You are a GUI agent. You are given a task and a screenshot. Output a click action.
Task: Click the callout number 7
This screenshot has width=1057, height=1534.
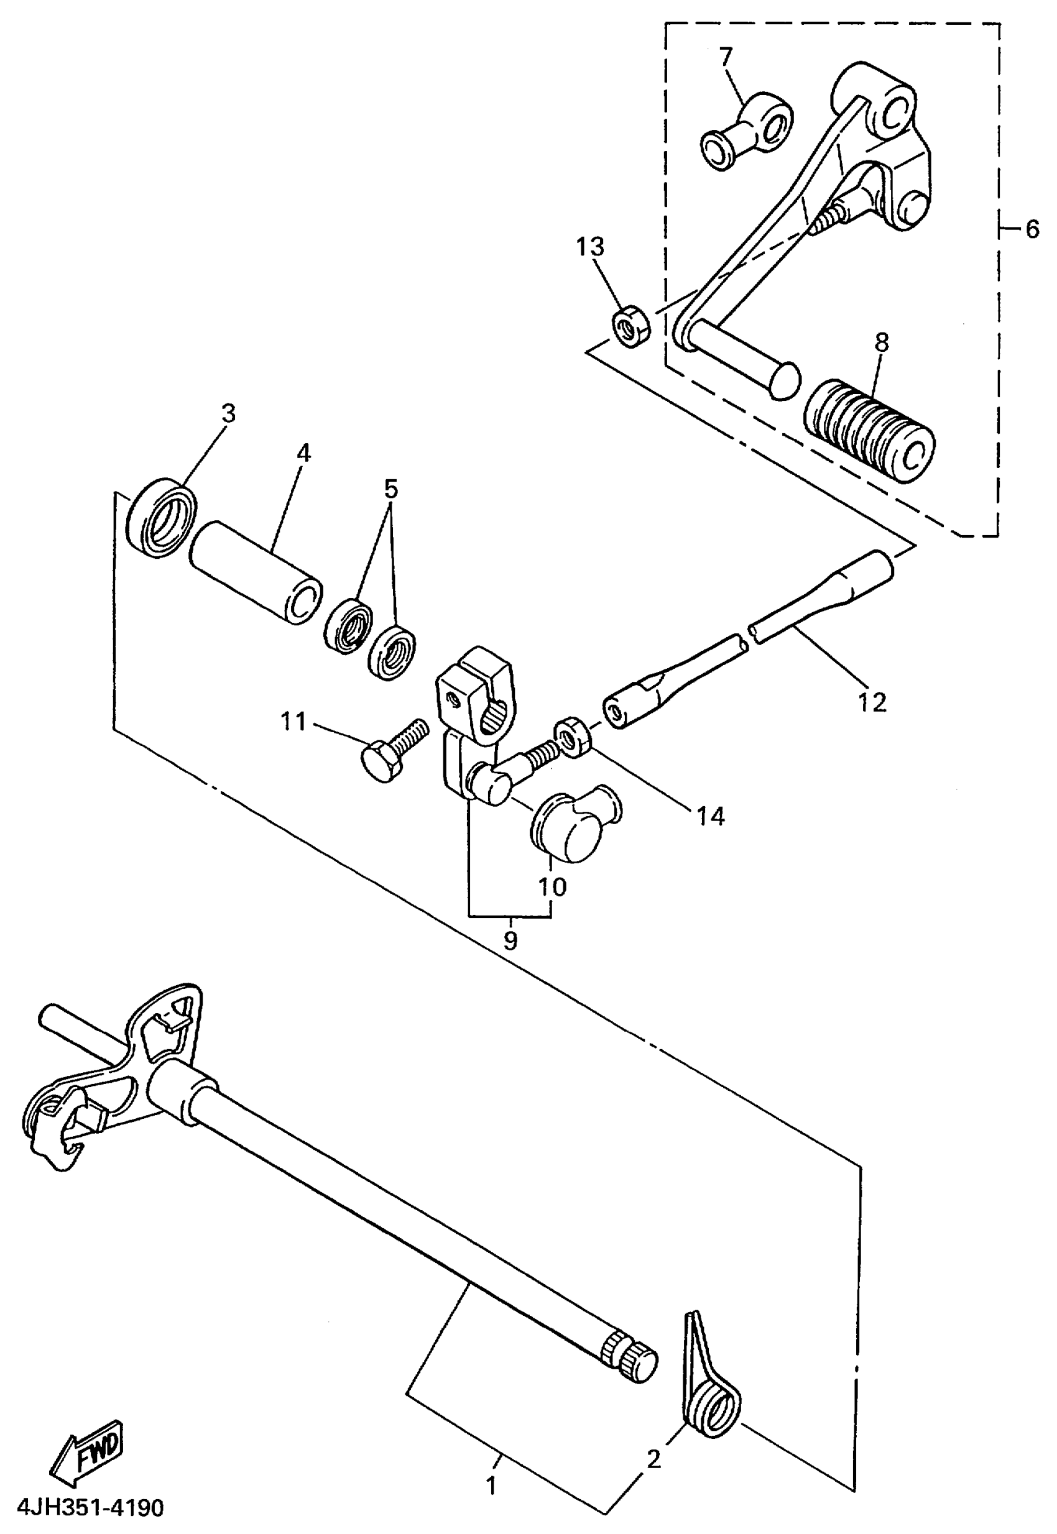[x=726, y=57]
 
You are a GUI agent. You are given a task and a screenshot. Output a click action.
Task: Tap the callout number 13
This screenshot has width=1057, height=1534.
[x=589, y=247]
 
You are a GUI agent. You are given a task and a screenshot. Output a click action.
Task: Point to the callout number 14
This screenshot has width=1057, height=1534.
[x=710, y=816]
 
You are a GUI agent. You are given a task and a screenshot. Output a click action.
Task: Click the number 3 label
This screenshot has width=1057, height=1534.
[x=228, y=414]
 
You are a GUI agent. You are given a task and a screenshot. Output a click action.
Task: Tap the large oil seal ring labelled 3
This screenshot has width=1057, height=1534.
[x=161, y=517]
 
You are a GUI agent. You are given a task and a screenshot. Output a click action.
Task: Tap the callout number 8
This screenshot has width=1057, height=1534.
[x=881, y=342]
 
